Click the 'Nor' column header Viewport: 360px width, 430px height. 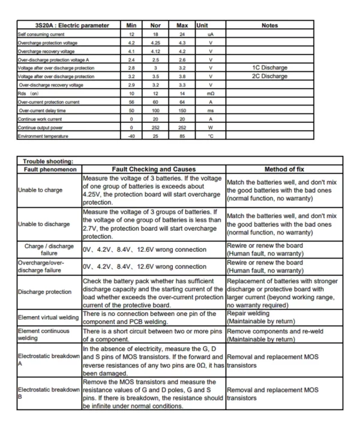tap(155, 26)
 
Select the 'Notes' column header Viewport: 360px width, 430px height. tap(271, 26)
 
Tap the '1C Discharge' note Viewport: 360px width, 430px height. tap(271, 68)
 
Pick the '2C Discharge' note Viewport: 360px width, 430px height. tap(271, 76)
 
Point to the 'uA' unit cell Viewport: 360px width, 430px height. tap(210, 34)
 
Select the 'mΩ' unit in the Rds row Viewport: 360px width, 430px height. tap(210, 94)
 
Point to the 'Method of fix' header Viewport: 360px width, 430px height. tap(283, 170)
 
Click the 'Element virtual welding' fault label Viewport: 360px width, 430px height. tap(49, 317)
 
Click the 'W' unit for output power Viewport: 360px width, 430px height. tap(210, 127)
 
